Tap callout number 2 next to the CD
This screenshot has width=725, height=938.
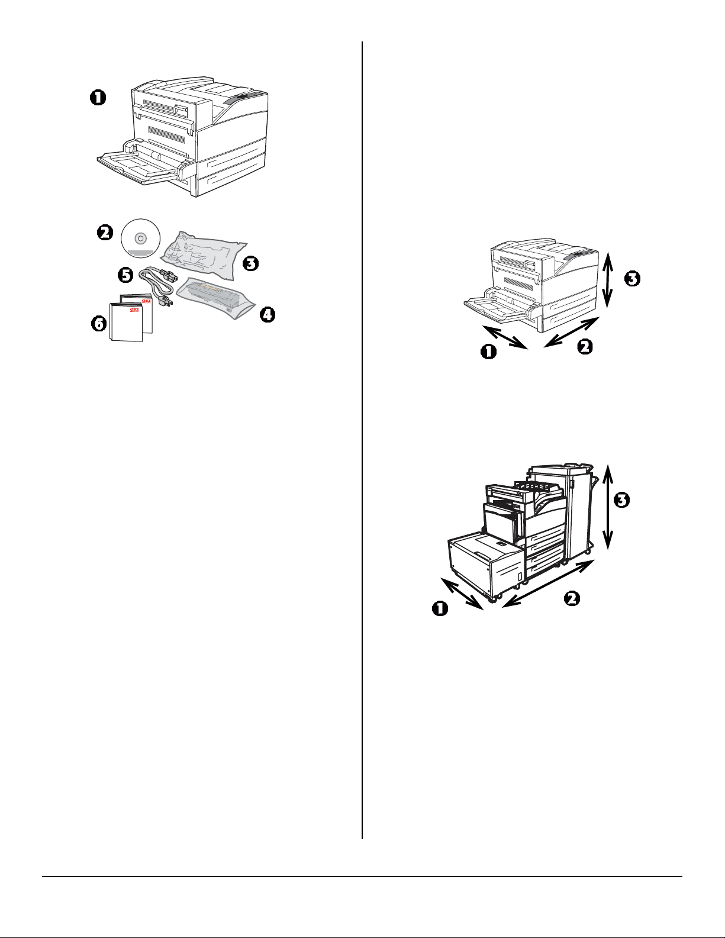(x=105, y=233)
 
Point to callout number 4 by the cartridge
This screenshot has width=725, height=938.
(x=268, y=315)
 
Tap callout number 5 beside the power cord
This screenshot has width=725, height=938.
(x=125, y=275)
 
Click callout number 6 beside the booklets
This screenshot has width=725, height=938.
(x=98, y=324)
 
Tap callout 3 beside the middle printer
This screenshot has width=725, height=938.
(x=633, y=278)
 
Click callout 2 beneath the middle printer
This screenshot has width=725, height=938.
(x=585, y=347)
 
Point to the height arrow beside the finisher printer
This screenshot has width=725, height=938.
(x=607, y=506)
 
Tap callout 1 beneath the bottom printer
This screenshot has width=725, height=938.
(x=440, y=608)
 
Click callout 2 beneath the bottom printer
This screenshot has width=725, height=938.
(x=571, y=599)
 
